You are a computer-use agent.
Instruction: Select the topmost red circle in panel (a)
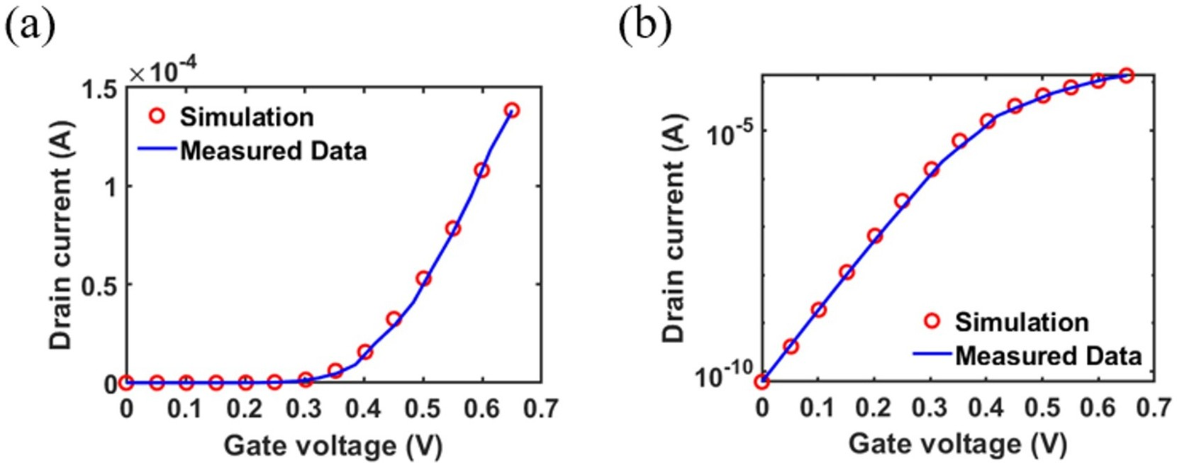pyautogui.click(x=512, y=111)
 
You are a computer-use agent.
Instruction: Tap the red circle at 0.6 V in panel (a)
pyautogui.click(x=482, y=170)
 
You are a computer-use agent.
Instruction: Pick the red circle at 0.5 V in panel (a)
pyautogui.click(x=423, y=279)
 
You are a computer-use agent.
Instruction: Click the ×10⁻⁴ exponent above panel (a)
pyautogui.click(x=164, y=72)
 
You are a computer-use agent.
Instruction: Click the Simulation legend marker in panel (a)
pyautogui.click(x=157, y=116)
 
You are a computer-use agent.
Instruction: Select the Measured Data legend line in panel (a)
pyautogui.click(x=157, y=150)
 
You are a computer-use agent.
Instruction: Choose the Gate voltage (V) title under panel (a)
pyautogui.click(x=333, y=446)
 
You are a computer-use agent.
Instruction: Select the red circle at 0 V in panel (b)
pyautogui.click(x=762, y=381)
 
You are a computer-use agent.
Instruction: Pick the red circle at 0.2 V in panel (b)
pyautogui.click(x=875, y=235)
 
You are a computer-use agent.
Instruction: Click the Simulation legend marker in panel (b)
pyautogui.click(x=932, y=321)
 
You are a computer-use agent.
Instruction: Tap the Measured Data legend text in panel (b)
pyautogui.click(x=1048, y=355)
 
